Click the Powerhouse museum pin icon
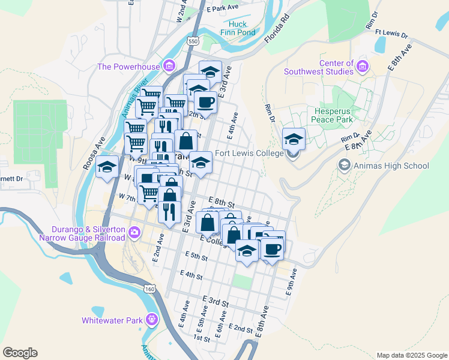tap(170, 65)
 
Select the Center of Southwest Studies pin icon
tap(362, 65)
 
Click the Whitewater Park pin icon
tap(151, 319)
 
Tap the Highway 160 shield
tap(149, 289)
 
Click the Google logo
tap(20, 353)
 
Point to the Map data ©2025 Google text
tap(411, 355)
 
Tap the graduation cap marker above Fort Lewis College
tap(294, 139)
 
